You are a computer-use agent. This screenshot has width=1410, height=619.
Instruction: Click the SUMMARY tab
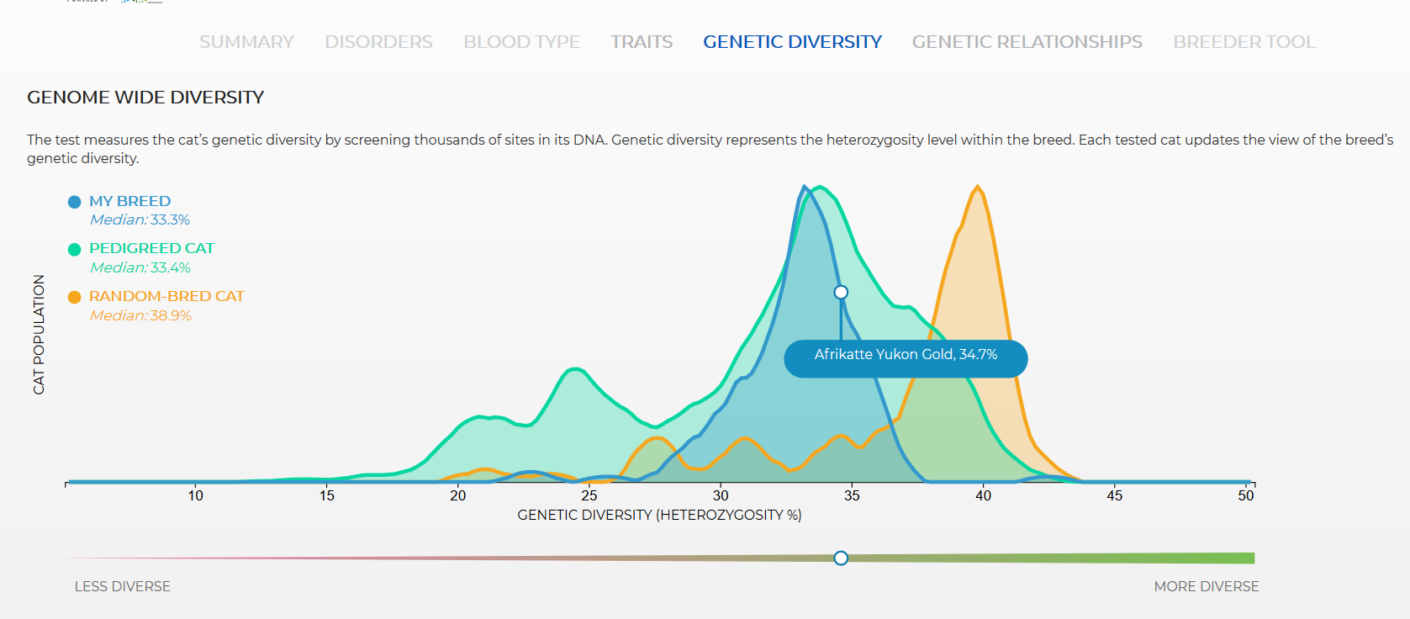tap(246, 41)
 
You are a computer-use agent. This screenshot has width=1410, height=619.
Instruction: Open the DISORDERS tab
tap(378, 41)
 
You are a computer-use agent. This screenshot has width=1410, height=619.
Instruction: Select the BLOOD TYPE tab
tap(522, 41)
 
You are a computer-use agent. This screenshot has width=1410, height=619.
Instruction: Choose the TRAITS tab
tap(642, 41)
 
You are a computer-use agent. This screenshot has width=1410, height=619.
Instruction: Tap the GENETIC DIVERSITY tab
tap(793, 41)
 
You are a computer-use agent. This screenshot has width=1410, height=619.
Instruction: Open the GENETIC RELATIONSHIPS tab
tap(1027, 41)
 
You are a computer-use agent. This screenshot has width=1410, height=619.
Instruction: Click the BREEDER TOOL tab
tap(1244, 41)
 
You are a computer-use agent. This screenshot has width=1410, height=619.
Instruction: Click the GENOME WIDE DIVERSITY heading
tap(145, 98)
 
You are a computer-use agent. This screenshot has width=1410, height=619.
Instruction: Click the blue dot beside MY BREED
tap(74, 202)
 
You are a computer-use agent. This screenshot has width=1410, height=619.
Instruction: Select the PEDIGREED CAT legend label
tap(151, 248)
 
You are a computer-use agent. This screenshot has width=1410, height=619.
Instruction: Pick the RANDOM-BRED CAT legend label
tap(166, 296)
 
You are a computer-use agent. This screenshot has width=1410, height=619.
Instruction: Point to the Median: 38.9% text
tap(140, 315)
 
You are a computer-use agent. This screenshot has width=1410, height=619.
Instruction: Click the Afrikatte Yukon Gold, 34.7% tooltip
tap(906, 358)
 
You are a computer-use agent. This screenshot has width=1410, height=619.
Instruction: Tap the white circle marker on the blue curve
tap(841, 292)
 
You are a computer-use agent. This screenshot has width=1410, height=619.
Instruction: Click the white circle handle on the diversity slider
tap(841, 558)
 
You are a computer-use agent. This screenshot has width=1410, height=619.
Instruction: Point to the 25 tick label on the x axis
tap(589, 495)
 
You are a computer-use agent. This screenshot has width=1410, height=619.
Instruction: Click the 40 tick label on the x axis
tap(983, 495)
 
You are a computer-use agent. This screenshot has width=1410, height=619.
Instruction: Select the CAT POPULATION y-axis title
tap(39, 335)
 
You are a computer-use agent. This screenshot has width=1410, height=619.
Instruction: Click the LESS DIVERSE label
tap(123, 586)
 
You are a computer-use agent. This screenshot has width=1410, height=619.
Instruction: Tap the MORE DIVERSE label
tap(1207, 586)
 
